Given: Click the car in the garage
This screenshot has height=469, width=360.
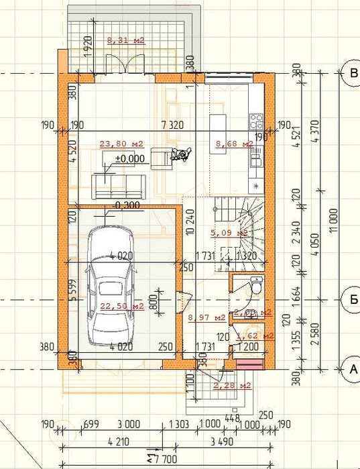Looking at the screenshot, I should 111,285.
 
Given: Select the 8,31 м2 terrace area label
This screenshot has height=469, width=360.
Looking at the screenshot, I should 126,40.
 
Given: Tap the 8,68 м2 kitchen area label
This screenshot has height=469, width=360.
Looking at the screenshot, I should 234,144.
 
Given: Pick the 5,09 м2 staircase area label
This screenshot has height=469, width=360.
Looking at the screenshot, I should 229,233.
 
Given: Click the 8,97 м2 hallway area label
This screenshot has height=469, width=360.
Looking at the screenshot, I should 206,318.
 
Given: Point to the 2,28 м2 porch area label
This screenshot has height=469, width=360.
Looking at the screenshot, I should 231,385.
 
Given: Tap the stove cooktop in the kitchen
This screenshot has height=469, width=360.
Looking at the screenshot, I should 256,121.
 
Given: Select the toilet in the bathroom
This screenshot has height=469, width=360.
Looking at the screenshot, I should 255,284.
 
